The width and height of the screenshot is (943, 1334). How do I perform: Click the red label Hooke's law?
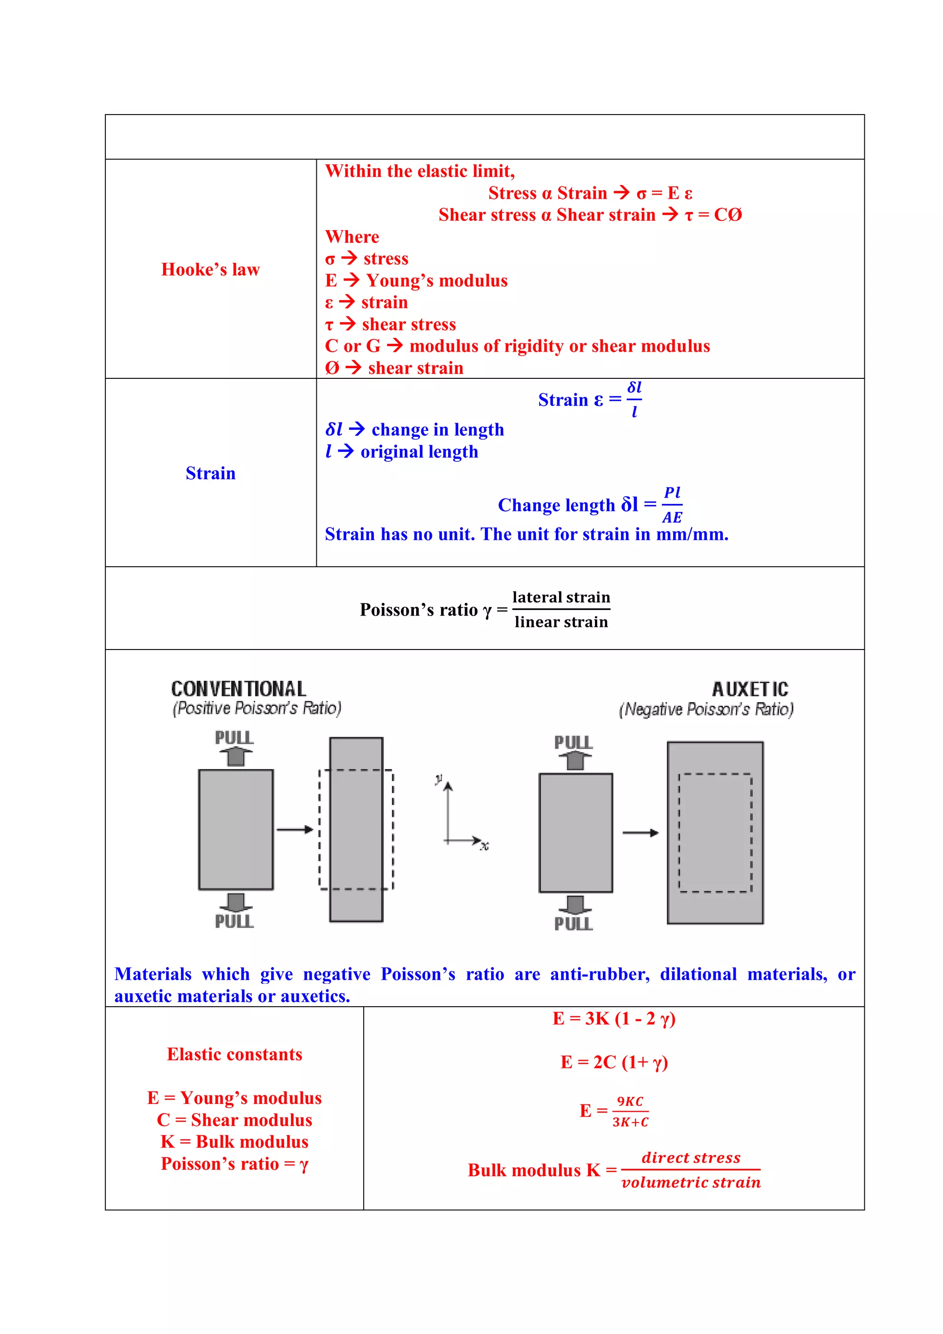[210, 270]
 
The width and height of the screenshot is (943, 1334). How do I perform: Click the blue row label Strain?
[210, 474]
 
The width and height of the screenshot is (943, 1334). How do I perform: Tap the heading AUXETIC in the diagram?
[750, 690]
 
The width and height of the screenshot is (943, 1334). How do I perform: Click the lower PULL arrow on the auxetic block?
[575, 904]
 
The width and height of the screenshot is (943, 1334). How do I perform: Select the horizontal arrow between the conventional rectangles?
[295, 829]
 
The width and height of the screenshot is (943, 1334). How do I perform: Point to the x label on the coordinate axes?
[484, 846]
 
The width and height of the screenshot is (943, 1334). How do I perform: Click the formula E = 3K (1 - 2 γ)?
[614, 1019]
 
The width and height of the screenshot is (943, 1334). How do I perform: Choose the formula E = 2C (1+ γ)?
[614, 1063]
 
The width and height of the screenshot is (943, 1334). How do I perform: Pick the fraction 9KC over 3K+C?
[630, 1112]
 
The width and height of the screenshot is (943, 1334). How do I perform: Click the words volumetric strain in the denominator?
[691, 1183]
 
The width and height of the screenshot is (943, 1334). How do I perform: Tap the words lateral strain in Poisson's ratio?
[561, 597]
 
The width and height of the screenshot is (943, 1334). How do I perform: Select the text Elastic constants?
[235, 1055]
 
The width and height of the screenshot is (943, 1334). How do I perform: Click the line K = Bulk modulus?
[235, 1142]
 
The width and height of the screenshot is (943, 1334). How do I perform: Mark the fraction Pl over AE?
[672, 505]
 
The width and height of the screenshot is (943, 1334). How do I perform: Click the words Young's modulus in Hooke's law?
[437, 281]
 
